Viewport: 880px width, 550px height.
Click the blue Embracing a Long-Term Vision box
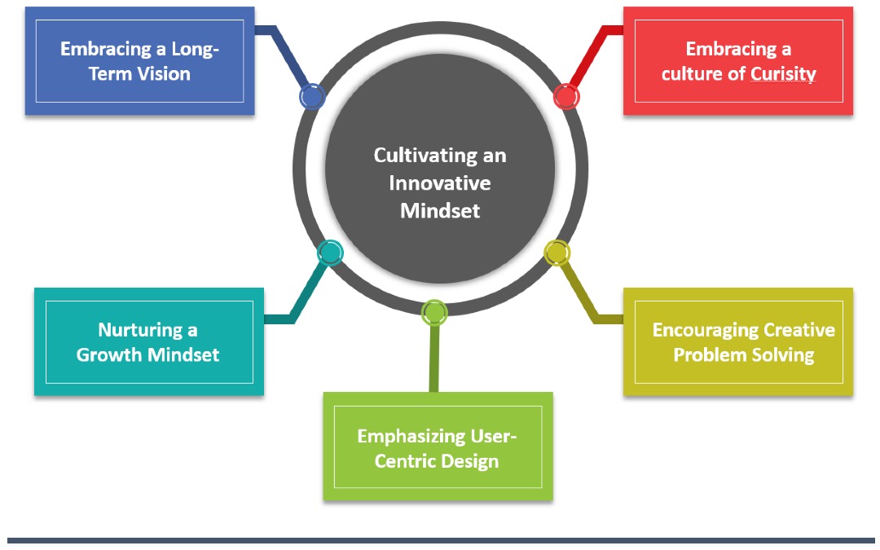click(x=139, y=61)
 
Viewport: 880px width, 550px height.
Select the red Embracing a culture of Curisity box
click(x=737, y=61)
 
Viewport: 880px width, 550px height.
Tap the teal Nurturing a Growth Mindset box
click(x=148, y=342)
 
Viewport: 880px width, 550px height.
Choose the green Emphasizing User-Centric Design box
click(x=438, y=447)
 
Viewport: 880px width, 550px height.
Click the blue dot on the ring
click(x=311, y=97)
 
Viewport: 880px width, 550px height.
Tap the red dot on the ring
click(x=565, y=96)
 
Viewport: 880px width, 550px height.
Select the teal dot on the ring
click(x=329, y=253)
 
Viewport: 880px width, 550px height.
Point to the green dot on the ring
click(x=434, y=312)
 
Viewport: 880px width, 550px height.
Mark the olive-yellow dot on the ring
click(x=557, y=253)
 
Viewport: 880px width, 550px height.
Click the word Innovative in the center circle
click(x=439, y=183)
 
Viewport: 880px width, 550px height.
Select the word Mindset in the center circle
click(x=439, y=210)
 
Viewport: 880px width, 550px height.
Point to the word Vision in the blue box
click(x=163, y=74)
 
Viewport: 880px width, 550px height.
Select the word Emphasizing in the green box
click(x=411, y=436)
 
